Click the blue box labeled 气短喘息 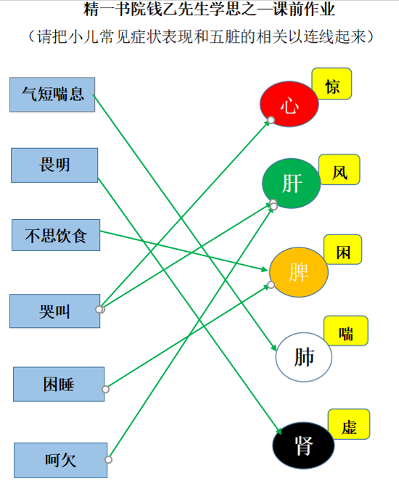point(52,94)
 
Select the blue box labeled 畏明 point(54,165)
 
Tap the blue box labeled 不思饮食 point(56,235)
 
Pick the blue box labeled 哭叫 point(55,311)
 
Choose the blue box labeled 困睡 point(59,384)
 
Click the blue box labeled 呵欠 point(60,460)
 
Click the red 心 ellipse point(289,104)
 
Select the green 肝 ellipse point(292,184)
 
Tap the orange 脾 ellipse point(299,272)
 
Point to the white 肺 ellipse point(304,357)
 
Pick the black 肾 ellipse point(303,446)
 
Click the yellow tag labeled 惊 point(332,83)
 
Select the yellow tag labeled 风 point(340,169)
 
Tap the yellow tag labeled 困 point(343,250)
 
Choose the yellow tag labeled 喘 point(345,331)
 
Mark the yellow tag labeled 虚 point(349,425)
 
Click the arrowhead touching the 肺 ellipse point(273,348)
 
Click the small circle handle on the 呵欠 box point(109,459)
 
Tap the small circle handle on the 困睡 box point(106,390)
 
